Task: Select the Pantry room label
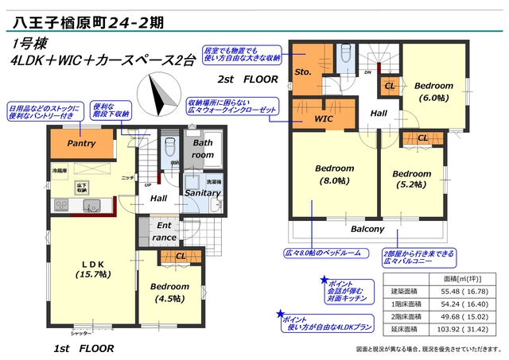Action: (x=81, y=144)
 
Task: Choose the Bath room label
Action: (x=203, y=148)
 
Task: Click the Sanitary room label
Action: (x=203, y=192)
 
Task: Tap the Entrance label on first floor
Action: (x=165, y=231)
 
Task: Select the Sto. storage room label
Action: (x=303, y=72)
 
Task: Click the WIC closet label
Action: (x=323, y=118)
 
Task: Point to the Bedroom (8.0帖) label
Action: (x=334, y=175)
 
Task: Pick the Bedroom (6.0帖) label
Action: (x=433, y=91)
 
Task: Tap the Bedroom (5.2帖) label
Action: (x=411, y=180)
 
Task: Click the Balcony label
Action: (x=367, y=229)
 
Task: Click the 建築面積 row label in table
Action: (x=405, y=291)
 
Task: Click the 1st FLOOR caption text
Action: (x=84, y=348)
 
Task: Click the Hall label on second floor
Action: (x=379, y=114)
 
